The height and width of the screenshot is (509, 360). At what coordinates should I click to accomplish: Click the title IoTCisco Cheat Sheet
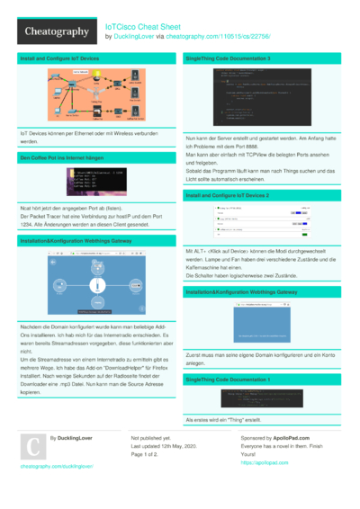pyautogui.click(x=144, y=26)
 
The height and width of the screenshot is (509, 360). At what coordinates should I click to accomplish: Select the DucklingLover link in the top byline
pyautogui.click(x=131, y=37)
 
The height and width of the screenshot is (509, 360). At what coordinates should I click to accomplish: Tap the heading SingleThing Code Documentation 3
pyautogui.click(x=228, y=58)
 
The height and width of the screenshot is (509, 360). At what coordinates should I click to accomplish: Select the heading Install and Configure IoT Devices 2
pyautogui.click(x=227, y=194)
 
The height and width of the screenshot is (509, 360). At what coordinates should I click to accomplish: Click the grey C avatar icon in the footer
pyautogui.click(x=32, y=448)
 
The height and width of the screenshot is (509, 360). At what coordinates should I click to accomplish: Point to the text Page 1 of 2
pyautogui.click(x=150, y=454)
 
